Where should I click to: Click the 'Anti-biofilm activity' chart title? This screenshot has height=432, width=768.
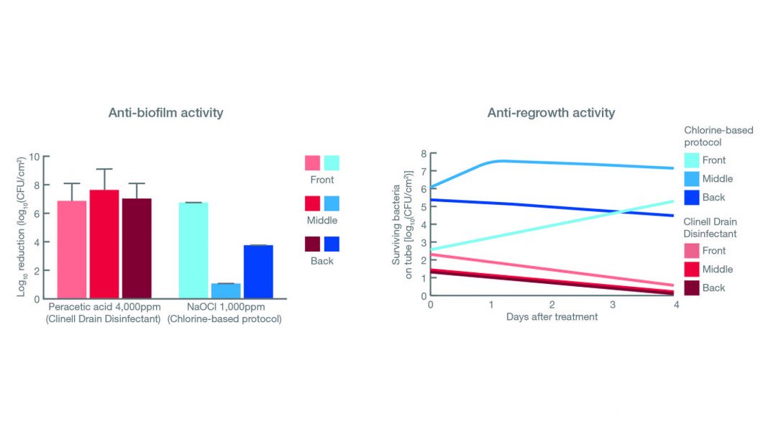pyautogui.click(x=165, y=113)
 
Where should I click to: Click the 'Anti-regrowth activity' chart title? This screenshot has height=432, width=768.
pyautogui.click(x=551, y=113)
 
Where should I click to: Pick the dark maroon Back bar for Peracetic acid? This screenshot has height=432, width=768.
pyautogui.click(x=137, y=247)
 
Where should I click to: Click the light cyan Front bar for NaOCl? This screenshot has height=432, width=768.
pyautogui.click(x=193, y=250)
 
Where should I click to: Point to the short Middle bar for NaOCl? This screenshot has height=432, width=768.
pyautogui.click(x=226, y=290)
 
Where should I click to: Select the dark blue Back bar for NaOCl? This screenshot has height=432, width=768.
pyautogui.click(x=258, y=271)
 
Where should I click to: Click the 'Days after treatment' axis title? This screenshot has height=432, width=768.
pyautogui.click(x=552, y=317)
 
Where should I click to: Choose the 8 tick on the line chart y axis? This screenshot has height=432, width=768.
pyautogui.click(x=424, y=155)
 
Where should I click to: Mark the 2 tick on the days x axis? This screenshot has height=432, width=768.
pyautogui.click(x=552, y=305)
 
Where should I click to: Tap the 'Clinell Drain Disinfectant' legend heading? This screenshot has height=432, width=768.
pyautogui.click(x=716, y=227)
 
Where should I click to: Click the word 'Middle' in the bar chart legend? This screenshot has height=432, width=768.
pyautogui.click(x=322, y=221)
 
